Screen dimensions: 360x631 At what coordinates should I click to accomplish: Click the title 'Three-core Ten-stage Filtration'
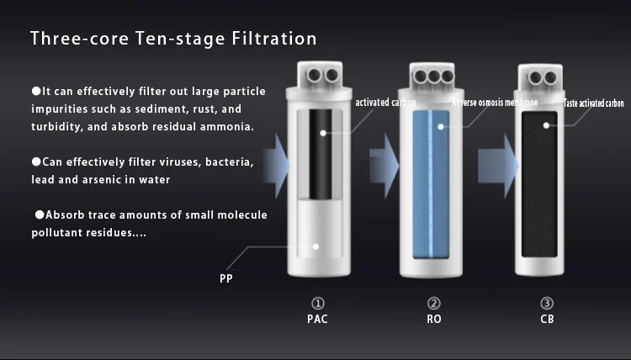tap(173, 39)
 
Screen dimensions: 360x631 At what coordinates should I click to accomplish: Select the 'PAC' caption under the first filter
tap(317, 319)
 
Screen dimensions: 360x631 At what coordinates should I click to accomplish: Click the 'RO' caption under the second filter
tap(433, 319)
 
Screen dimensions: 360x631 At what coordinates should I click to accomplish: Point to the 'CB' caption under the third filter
tap(547, 319)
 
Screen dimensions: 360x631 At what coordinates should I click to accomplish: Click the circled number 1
tap(317, 304)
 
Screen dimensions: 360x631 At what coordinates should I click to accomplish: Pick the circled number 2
tap(433, 304)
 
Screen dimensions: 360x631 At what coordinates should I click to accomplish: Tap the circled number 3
tap(547, 304)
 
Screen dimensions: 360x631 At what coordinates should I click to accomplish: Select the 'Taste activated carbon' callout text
tap(593, 103)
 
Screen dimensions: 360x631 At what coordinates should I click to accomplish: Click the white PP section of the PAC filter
tap(317, 240)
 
